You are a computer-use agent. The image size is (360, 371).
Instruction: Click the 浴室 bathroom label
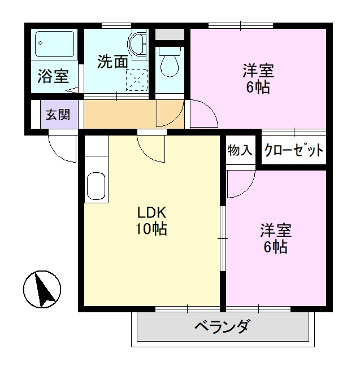pyautogui.click(x=53, y=76)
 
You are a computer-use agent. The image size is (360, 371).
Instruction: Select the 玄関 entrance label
pyautogui.click(x=58, y=115)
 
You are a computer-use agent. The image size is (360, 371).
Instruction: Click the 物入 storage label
pyautogui.click(x=240, y=150)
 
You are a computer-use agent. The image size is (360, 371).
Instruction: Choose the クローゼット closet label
pyautogui.click(x=293, y=150)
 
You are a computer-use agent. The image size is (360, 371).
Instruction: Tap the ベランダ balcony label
pyautogui.click(x=222, y=328)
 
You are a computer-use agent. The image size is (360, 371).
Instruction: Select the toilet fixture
pyautogui.click(x=168, y=63)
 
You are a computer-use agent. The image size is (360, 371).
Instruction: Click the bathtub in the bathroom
pyautogui.click(x=55, y=43)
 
